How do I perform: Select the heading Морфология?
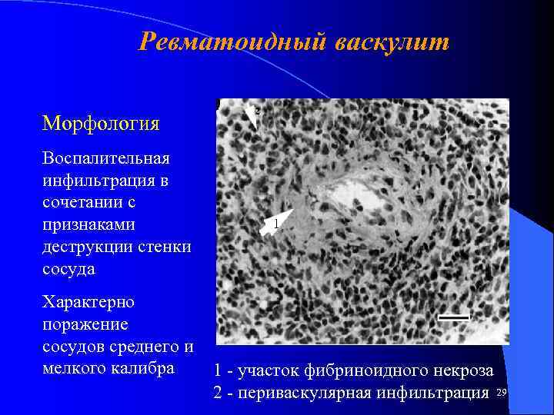pyautogui.click(x=101, y=123)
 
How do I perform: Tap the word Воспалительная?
pyautogui.click(x=106, y=159)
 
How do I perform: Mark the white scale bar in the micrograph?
pyautogui.click(x=454, y=316)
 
